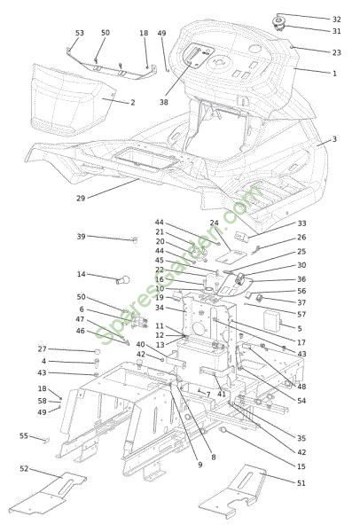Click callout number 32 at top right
click(336, 20)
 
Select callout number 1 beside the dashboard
click(334, 74)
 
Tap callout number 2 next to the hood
click(133, 102)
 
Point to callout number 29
click(81, 198)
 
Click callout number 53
click(80, 33)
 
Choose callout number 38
click(163, 102)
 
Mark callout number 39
click(81, 237)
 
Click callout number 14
click(82, 274)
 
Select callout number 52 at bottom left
click(24, 468)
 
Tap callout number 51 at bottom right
click(301, 483)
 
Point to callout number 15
click(301, 466)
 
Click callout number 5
click(300, 328)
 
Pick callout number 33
click(301, 223)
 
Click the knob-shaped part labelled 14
click(123, 280)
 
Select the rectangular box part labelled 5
click(272, 321)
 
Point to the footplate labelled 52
click(48, 494)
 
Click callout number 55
click(24, 435)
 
